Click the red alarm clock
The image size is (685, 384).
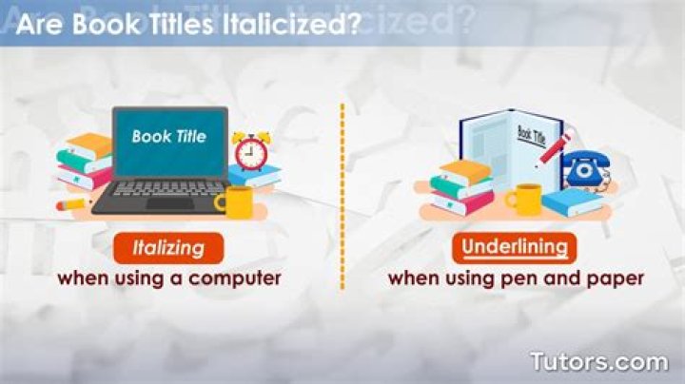click(x=251, y=150)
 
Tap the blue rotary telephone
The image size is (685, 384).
click(x=586, y=168)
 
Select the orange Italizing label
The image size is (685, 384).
click(x=168, y=248)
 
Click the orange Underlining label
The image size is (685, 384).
click(x=515, y=248)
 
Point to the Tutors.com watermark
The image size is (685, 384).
click(x=599, y=362)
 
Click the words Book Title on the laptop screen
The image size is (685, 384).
click(x=169, y=137)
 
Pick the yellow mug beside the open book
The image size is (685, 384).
click(x=524, y=200)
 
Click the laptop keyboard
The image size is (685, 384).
click(x=169, y=188)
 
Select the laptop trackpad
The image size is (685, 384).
click(x=170, y=204)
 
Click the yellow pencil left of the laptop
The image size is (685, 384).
click(x=73, y=204)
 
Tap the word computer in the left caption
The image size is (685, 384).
click(x=235, y=278)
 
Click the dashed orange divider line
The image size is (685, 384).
click(x=342, y=197)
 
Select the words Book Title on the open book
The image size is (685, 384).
click(x=531, y=135)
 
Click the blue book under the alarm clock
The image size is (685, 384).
click(x=254, y=176)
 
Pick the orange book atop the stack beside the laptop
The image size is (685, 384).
click(x=89, y=145)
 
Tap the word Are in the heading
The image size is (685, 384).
click(x=40, y=25)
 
